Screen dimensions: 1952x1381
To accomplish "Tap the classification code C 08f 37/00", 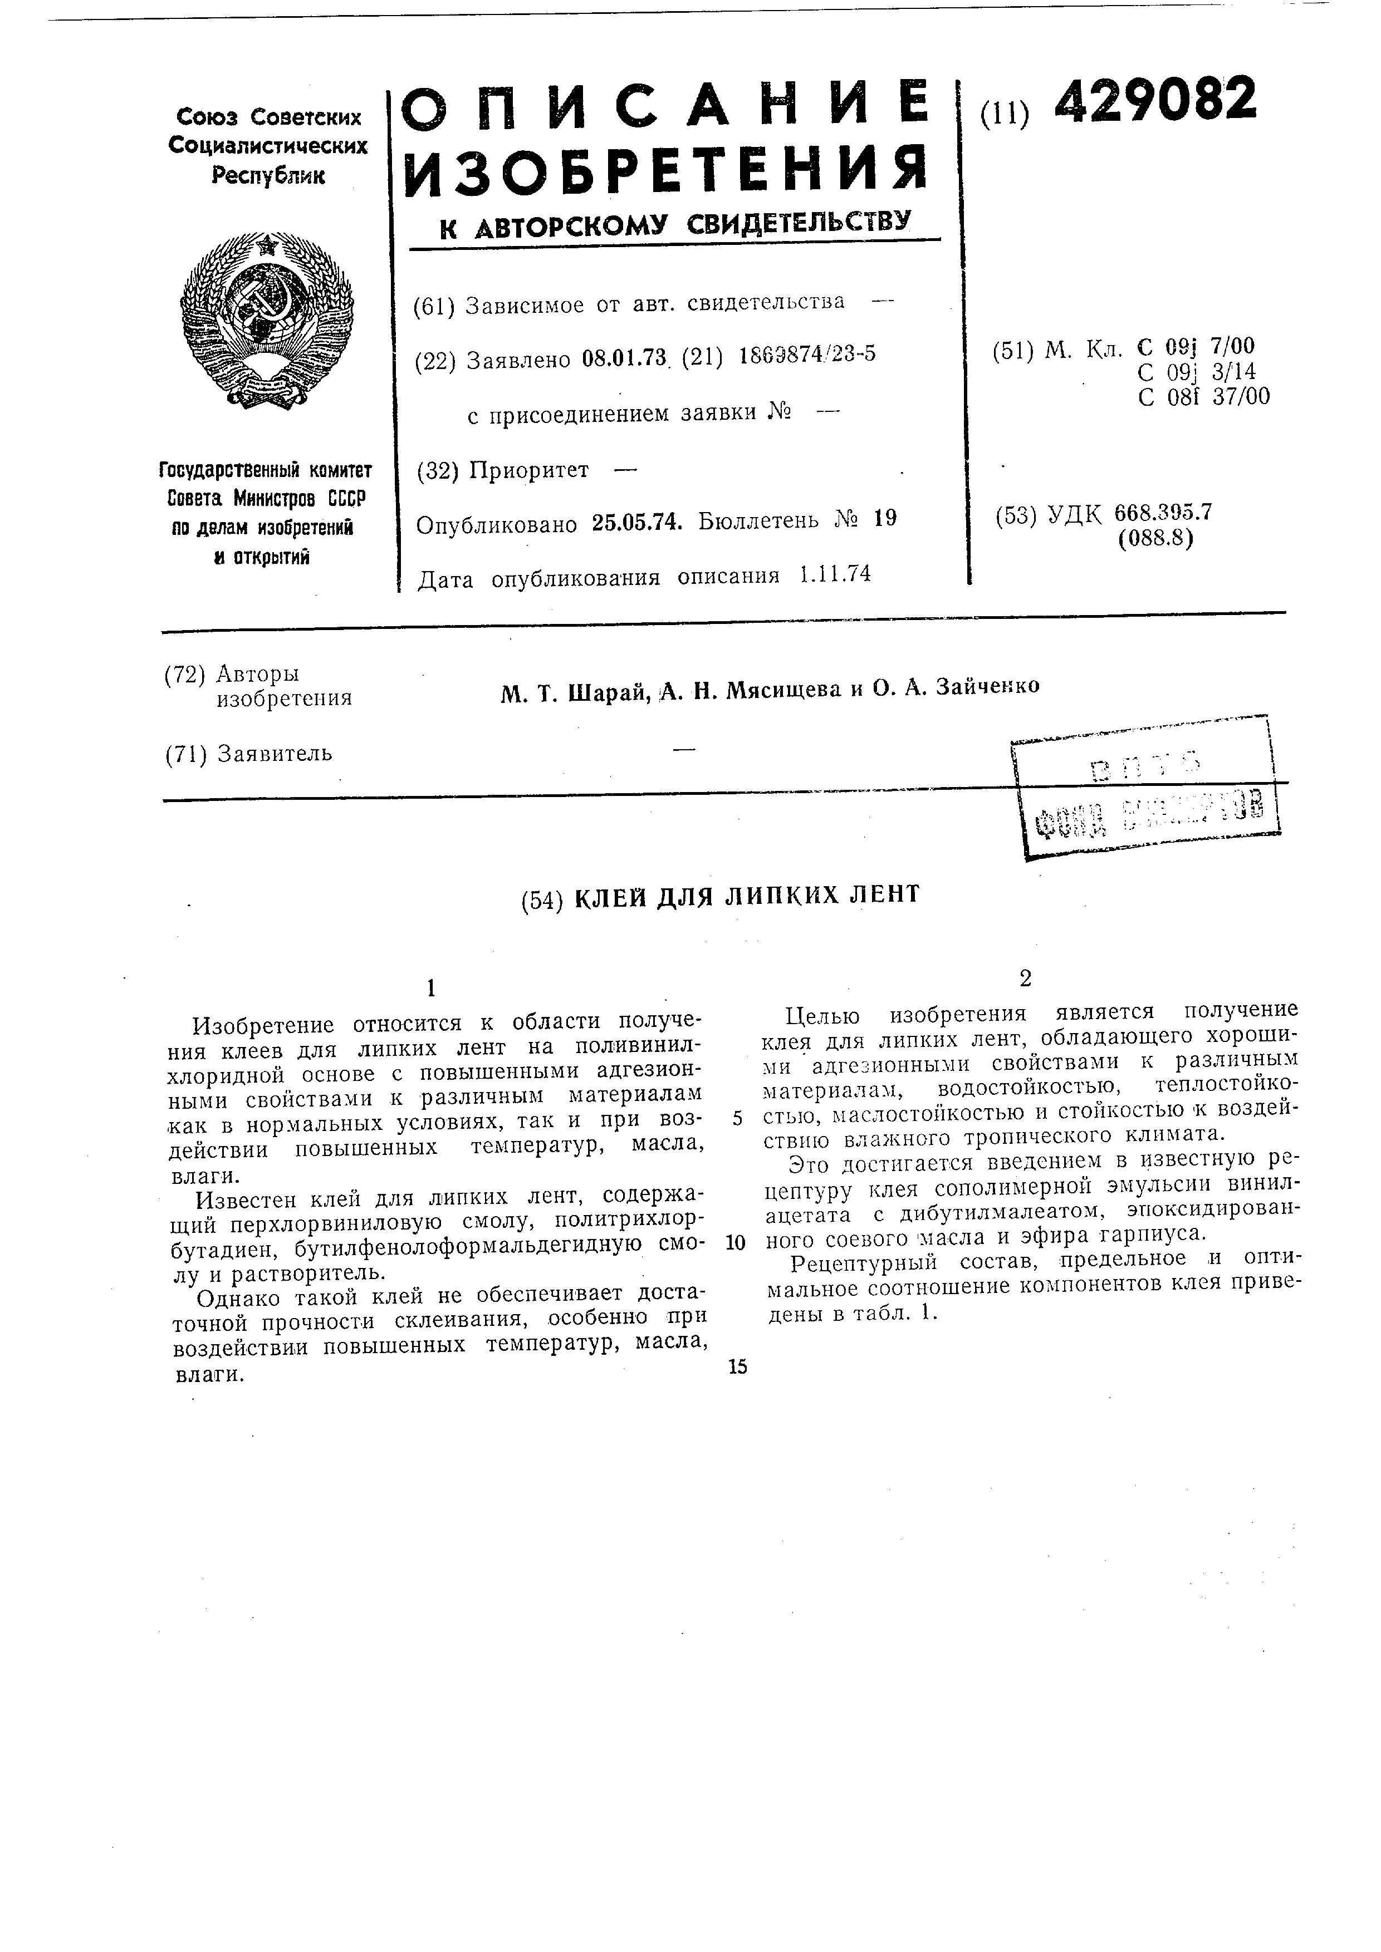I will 1203,397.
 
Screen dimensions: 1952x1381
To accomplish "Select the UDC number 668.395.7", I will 1163,513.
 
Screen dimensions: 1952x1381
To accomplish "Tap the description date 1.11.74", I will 835,575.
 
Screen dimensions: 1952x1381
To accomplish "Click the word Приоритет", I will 528,470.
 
